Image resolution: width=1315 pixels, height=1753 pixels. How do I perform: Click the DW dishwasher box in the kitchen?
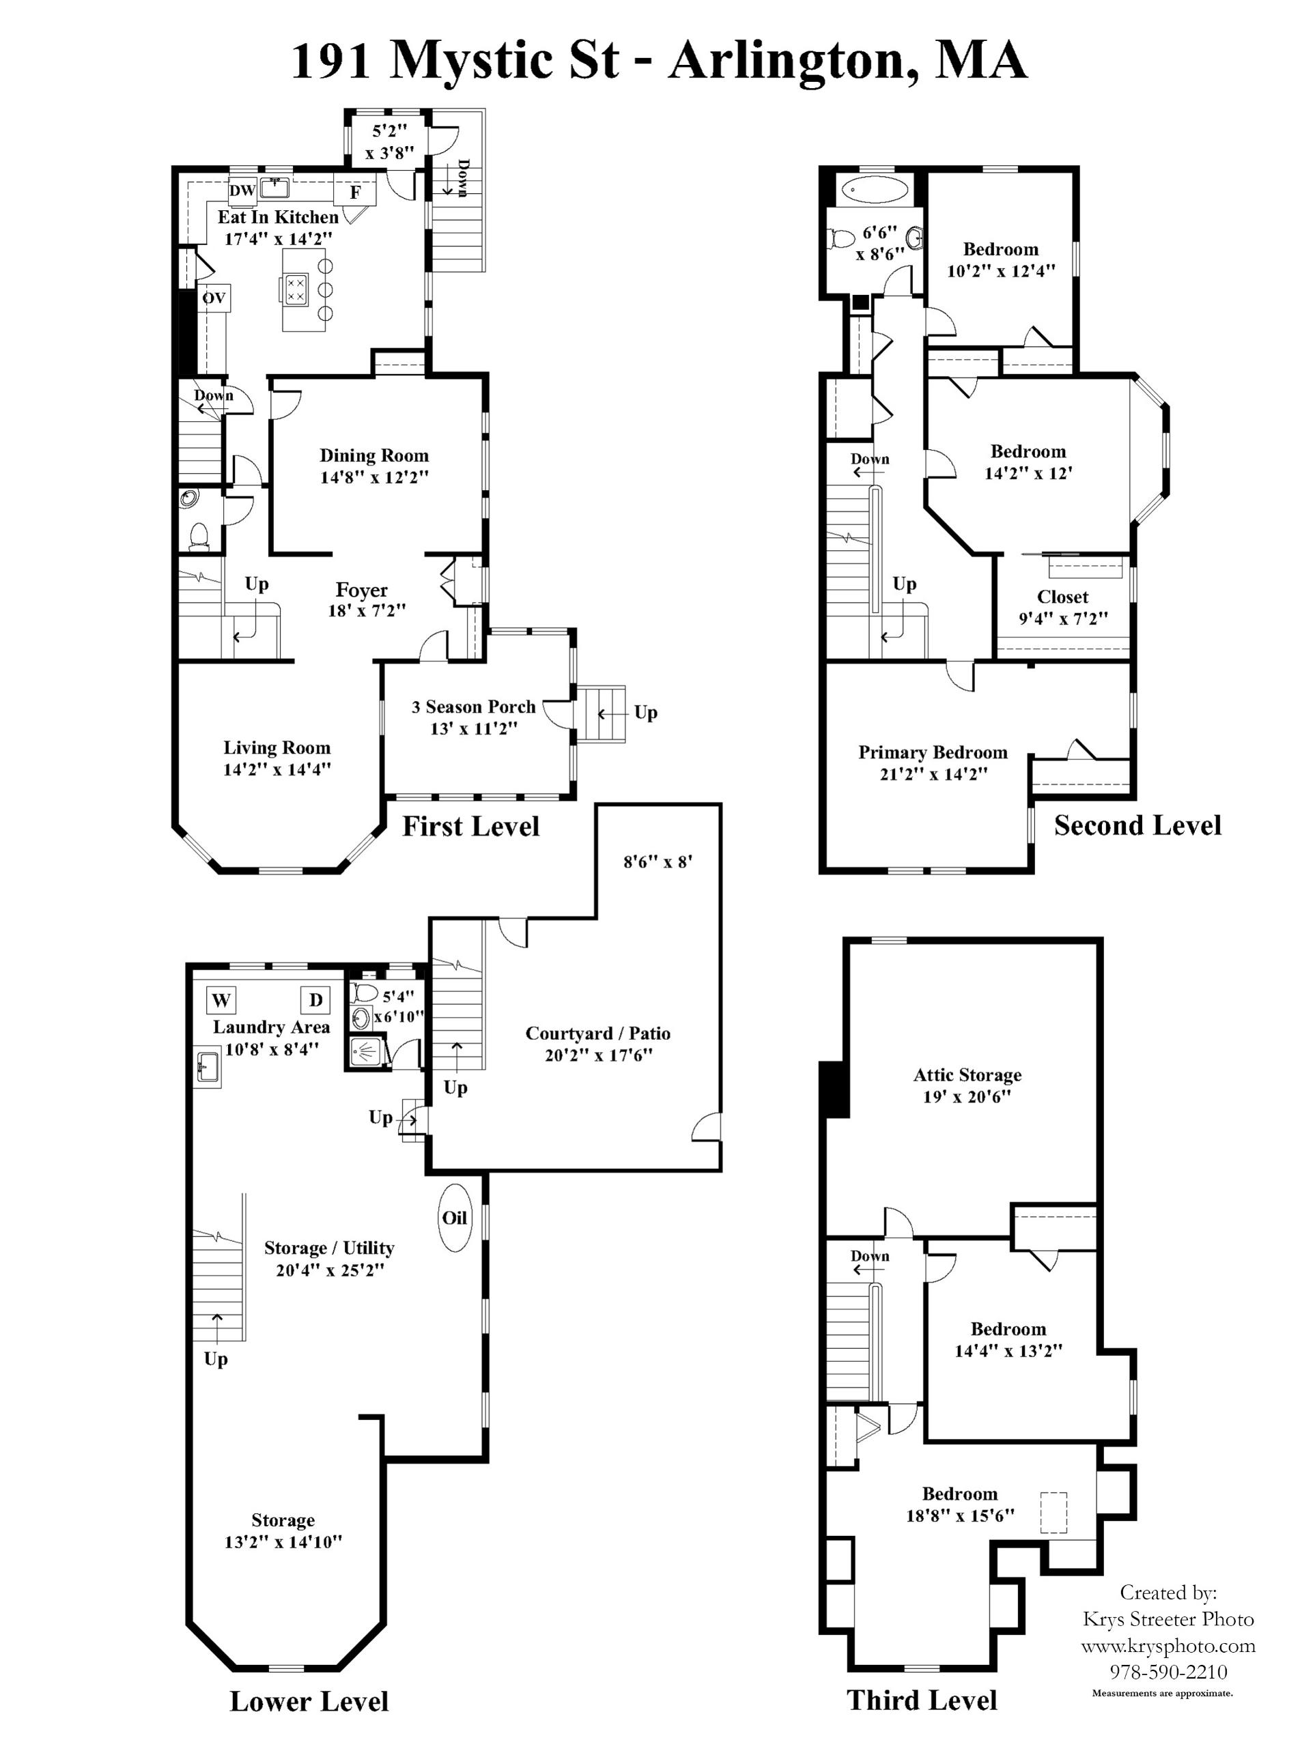click(x=242, y=190)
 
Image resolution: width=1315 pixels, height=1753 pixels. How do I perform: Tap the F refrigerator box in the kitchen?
click(x=355, y=192)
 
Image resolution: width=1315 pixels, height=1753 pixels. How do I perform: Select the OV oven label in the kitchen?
click(x=214, y=298)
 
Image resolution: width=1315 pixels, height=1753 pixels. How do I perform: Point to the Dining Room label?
click(x=374, y=456)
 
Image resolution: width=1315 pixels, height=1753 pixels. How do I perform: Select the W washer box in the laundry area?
click(x=221, y=1000)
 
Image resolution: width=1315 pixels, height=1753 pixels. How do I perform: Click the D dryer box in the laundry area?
click(x=315, y=1000)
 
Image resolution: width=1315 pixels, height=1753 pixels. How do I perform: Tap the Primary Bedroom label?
click(x=933, y=753)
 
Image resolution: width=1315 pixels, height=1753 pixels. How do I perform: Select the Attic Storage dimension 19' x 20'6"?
click(x=967, y=1097)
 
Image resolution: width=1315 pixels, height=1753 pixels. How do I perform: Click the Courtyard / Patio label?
click(x=597, y=1034)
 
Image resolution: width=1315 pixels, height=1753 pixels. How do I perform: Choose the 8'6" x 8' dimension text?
click(x=658, y=861)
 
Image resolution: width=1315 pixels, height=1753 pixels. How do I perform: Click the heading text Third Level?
click(x=922, y=1700)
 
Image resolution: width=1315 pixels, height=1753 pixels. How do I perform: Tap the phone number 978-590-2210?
click(x=1168, y=1673)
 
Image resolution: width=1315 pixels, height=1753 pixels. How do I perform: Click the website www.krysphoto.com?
click(x=1168, y=1647)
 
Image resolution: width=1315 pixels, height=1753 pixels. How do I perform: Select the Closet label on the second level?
click(x=1063, y=597)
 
